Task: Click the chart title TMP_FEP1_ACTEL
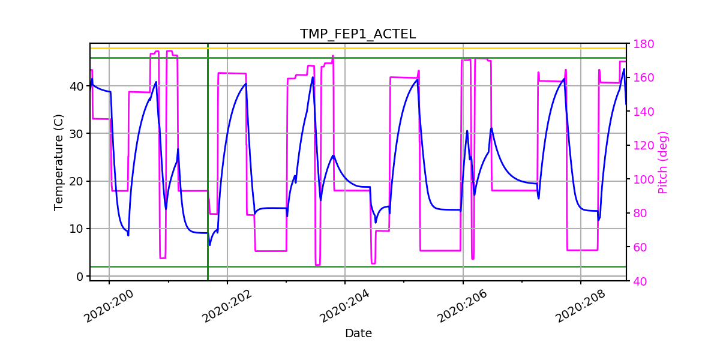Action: (x=358, y=34)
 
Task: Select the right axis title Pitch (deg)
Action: (x=662, y=163)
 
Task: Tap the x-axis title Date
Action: (x=358, y=334)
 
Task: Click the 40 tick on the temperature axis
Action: (x=77, y=86)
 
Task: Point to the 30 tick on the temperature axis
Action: (x=77, y=134)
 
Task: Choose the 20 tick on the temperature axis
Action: (x=77, y=181)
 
